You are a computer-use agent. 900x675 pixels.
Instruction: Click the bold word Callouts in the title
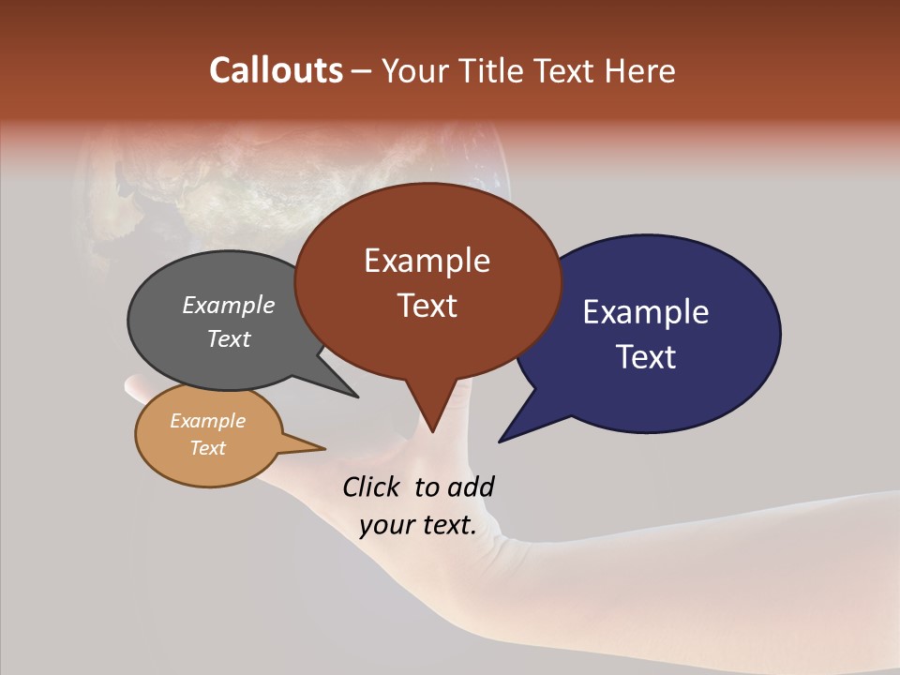tap(276, 70)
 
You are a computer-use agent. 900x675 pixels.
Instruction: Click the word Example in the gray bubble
tap(229, 305)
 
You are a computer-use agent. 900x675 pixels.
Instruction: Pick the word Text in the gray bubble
tap(229, 338)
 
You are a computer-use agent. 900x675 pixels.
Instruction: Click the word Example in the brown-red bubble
tap(427, 261)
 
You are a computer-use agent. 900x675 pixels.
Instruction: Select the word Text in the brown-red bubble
tap(427, 306)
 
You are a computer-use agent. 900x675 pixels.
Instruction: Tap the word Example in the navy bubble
tap(646, 312)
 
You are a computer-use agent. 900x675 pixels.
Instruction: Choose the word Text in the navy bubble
tap(646, 357)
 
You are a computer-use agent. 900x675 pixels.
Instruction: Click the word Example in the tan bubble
tap(207, 421)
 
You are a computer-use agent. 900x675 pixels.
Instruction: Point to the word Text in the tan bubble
tap(207, 448)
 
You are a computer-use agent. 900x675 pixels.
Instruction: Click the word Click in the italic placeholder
tap(372, 487)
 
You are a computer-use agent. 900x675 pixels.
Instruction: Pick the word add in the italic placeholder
tap(471, 487)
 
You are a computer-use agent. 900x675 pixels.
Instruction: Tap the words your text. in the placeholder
tap(418, 525)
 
